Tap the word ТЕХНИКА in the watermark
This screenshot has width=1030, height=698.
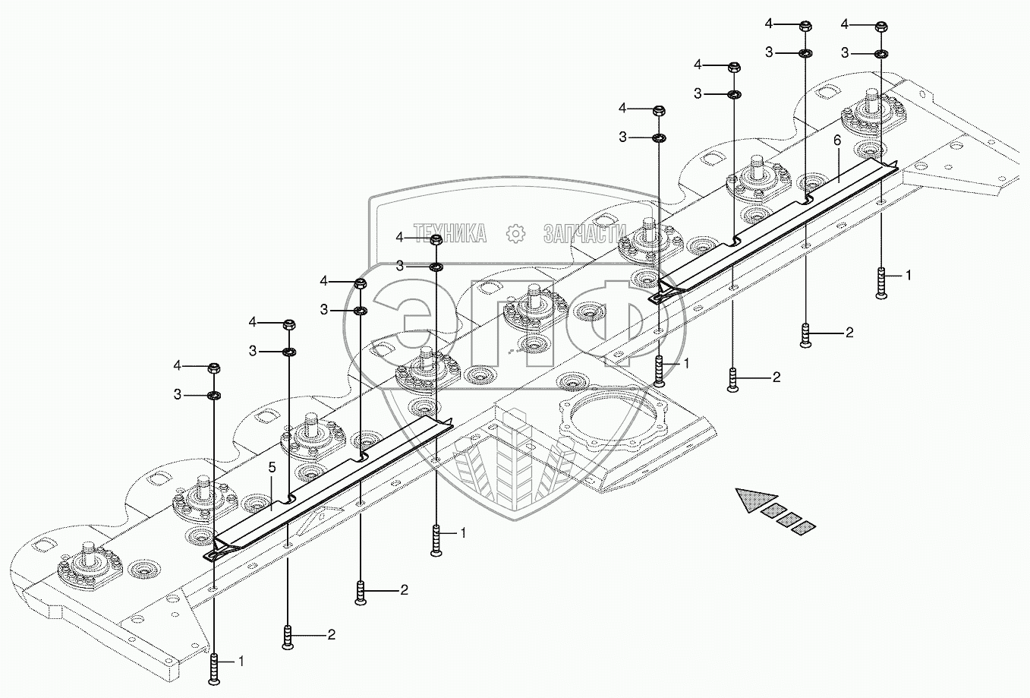[449, 234]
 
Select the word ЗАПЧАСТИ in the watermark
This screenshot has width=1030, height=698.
[584, 234]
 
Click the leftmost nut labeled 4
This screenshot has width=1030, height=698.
[214, 368]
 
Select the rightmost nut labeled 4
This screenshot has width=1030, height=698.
[881, 27]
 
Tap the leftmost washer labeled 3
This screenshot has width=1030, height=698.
[214, 395]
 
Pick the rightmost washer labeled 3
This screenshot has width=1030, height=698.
[881, 54]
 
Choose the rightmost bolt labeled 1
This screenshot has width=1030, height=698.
[881, 283]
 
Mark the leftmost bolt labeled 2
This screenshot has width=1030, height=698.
[288, 636]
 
